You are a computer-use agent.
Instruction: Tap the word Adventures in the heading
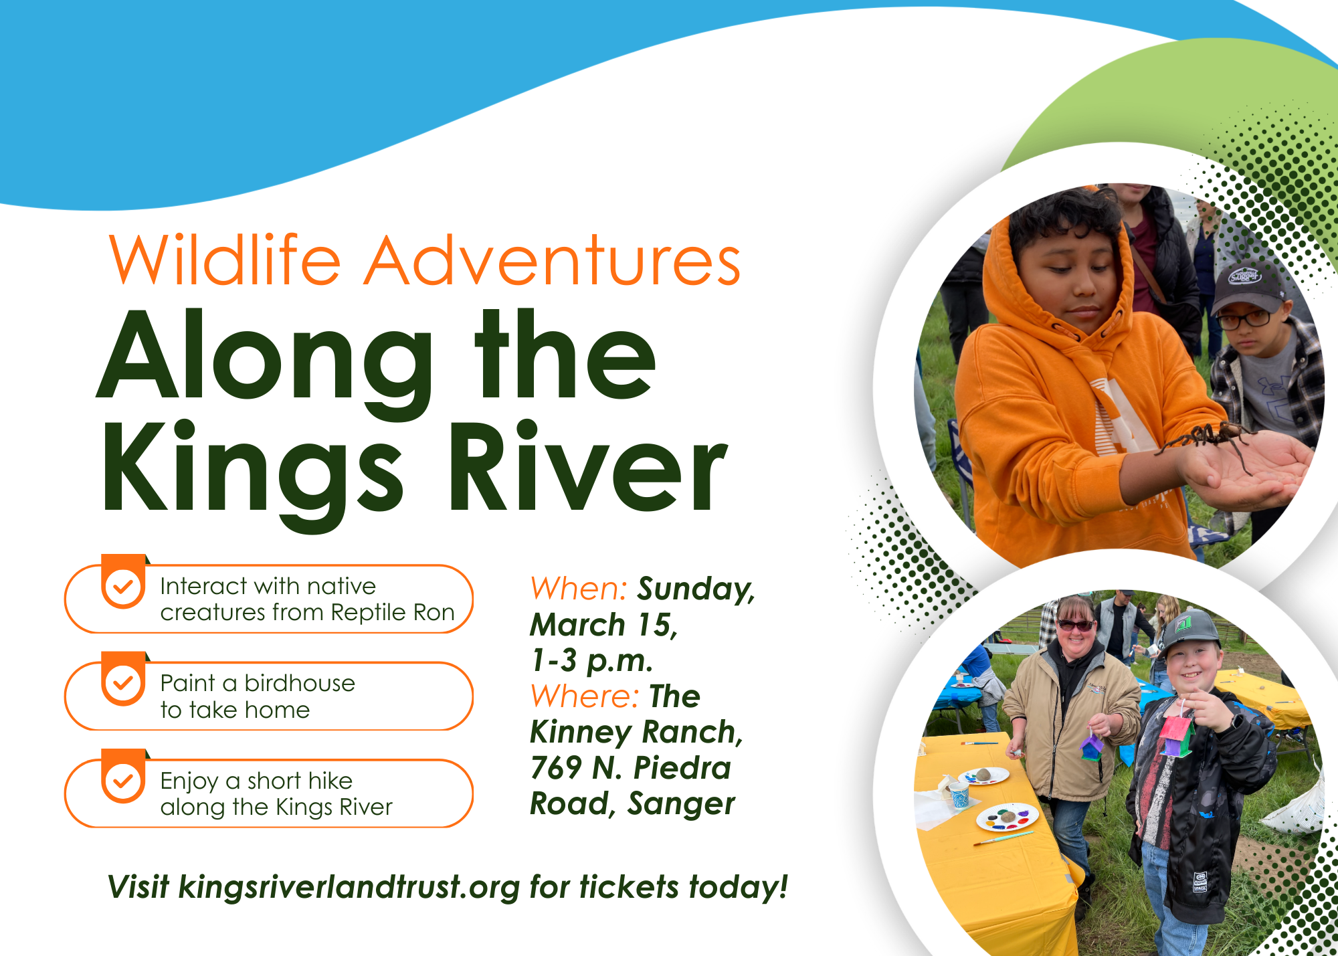tap(553, 261)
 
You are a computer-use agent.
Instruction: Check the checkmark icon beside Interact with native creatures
tap(123, 587)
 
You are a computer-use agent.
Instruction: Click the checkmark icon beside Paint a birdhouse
tap(123, 684)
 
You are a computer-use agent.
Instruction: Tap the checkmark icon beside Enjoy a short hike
tap(123, 781)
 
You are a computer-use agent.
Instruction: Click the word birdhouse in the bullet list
tap(300, 683)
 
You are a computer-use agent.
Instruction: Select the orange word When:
tap(578, 589)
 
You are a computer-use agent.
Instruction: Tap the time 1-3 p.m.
tap(591, 661)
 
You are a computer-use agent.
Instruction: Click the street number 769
tap(555, 768)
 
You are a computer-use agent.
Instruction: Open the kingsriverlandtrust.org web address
tap(349, 888)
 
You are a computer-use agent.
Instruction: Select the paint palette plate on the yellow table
tap(1008, 818)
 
